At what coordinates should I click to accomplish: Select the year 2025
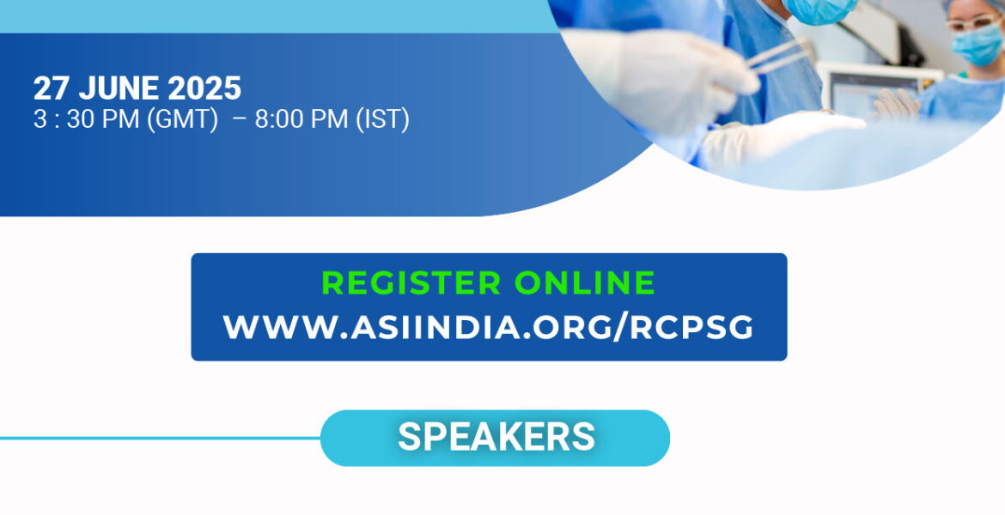pyautogui.click(x=204, y=89)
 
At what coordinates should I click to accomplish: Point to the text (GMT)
pyautogui.click(x=183, y=120)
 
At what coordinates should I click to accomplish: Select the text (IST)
pyautogui.click(x=381, y=120)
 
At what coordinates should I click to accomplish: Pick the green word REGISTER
pyautogui.click(x=411, y=282)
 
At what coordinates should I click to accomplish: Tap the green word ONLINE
pyautogui.click(x=585, y=282)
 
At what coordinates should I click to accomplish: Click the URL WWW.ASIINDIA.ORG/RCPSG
pyautogui.click(x=489, y=327)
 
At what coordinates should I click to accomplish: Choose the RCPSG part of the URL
pyautogui.click(x=691, y=327)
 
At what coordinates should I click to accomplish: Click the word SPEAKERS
pyautogui.click(x=496, y=437)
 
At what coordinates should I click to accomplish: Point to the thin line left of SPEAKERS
pyautogui.click(x=161, y=438)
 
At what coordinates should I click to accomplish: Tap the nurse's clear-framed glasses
pyautogui.click(x=973, y=22)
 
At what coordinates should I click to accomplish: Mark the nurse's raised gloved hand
pyautogui.click(x=897, y=104)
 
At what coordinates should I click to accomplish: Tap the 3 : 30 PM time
pyautogui.click(x=87, y=120)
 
